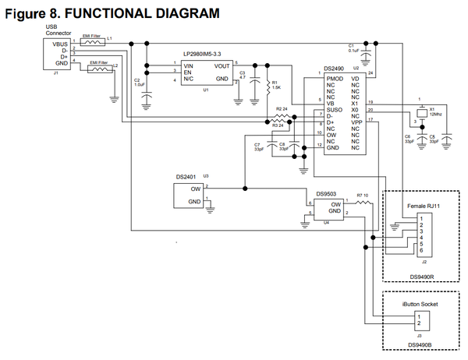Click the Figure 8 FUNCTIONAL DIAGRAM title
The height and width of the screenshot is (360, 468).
point(110,13)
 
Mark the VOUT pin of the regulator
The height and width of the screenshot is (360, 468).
point(222,65)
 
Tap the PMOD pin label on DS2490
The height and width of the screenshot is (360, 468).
point(335,79)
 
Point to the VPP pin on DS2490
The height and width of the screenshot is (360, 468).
point(355,122)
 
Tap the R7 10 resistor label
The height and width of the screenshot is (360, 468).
point(363,195)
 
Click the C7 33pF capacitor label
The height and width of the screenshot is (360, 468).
point(257,146)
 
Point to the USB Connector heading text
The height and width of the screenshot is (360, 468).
point(58,30)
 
